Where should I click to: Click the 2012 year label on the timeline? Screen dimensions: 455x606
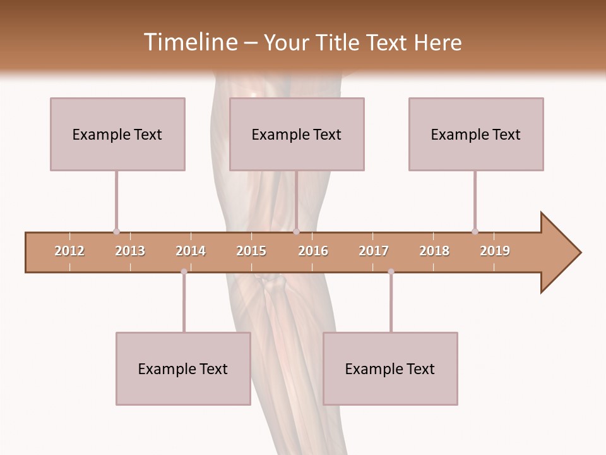click(69, 251)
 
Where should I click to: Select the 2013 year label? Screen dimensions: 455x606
click(130, 251)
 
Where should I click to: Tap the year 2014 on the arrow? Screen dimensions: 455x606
click(191, 251)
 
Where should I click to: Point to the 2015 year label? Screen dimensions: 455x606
click(251, 251)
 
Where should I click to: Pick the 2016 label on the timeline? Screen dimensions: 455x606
click(313, 251)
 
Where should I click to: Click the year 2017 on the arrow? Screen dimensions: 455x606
click(374, 251)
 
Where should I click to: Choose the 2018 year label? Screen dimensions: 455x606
click(434, 251)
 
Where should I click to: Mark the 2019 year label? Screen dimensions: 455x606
click(495, 251)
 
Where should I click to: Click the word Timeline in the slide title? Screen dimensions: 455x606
click(189, 42)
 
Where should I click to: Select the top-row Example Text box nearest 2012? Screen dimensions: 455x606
click(117, 134)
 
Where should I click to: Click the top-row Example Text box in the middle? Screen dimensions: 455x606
click(297, 134)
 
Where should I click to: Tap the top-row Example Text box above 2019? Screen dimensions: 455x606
click(476, 134)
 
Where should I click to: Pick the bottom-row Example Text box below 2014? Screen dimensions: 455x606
click(183, 368)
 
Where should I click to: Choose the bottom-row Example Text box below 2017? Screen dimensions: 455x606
click(390, 368)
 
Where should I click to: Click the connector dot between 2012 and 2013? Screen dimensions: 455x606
click(116, 231)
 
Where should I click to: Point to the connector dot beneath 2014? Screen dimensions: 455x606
click(184, 272)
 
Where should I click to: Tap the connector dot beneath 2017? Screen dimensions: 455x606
click(391, 272)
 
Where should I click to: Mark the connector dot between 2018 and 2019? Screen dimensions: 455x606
click(475, 231)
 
